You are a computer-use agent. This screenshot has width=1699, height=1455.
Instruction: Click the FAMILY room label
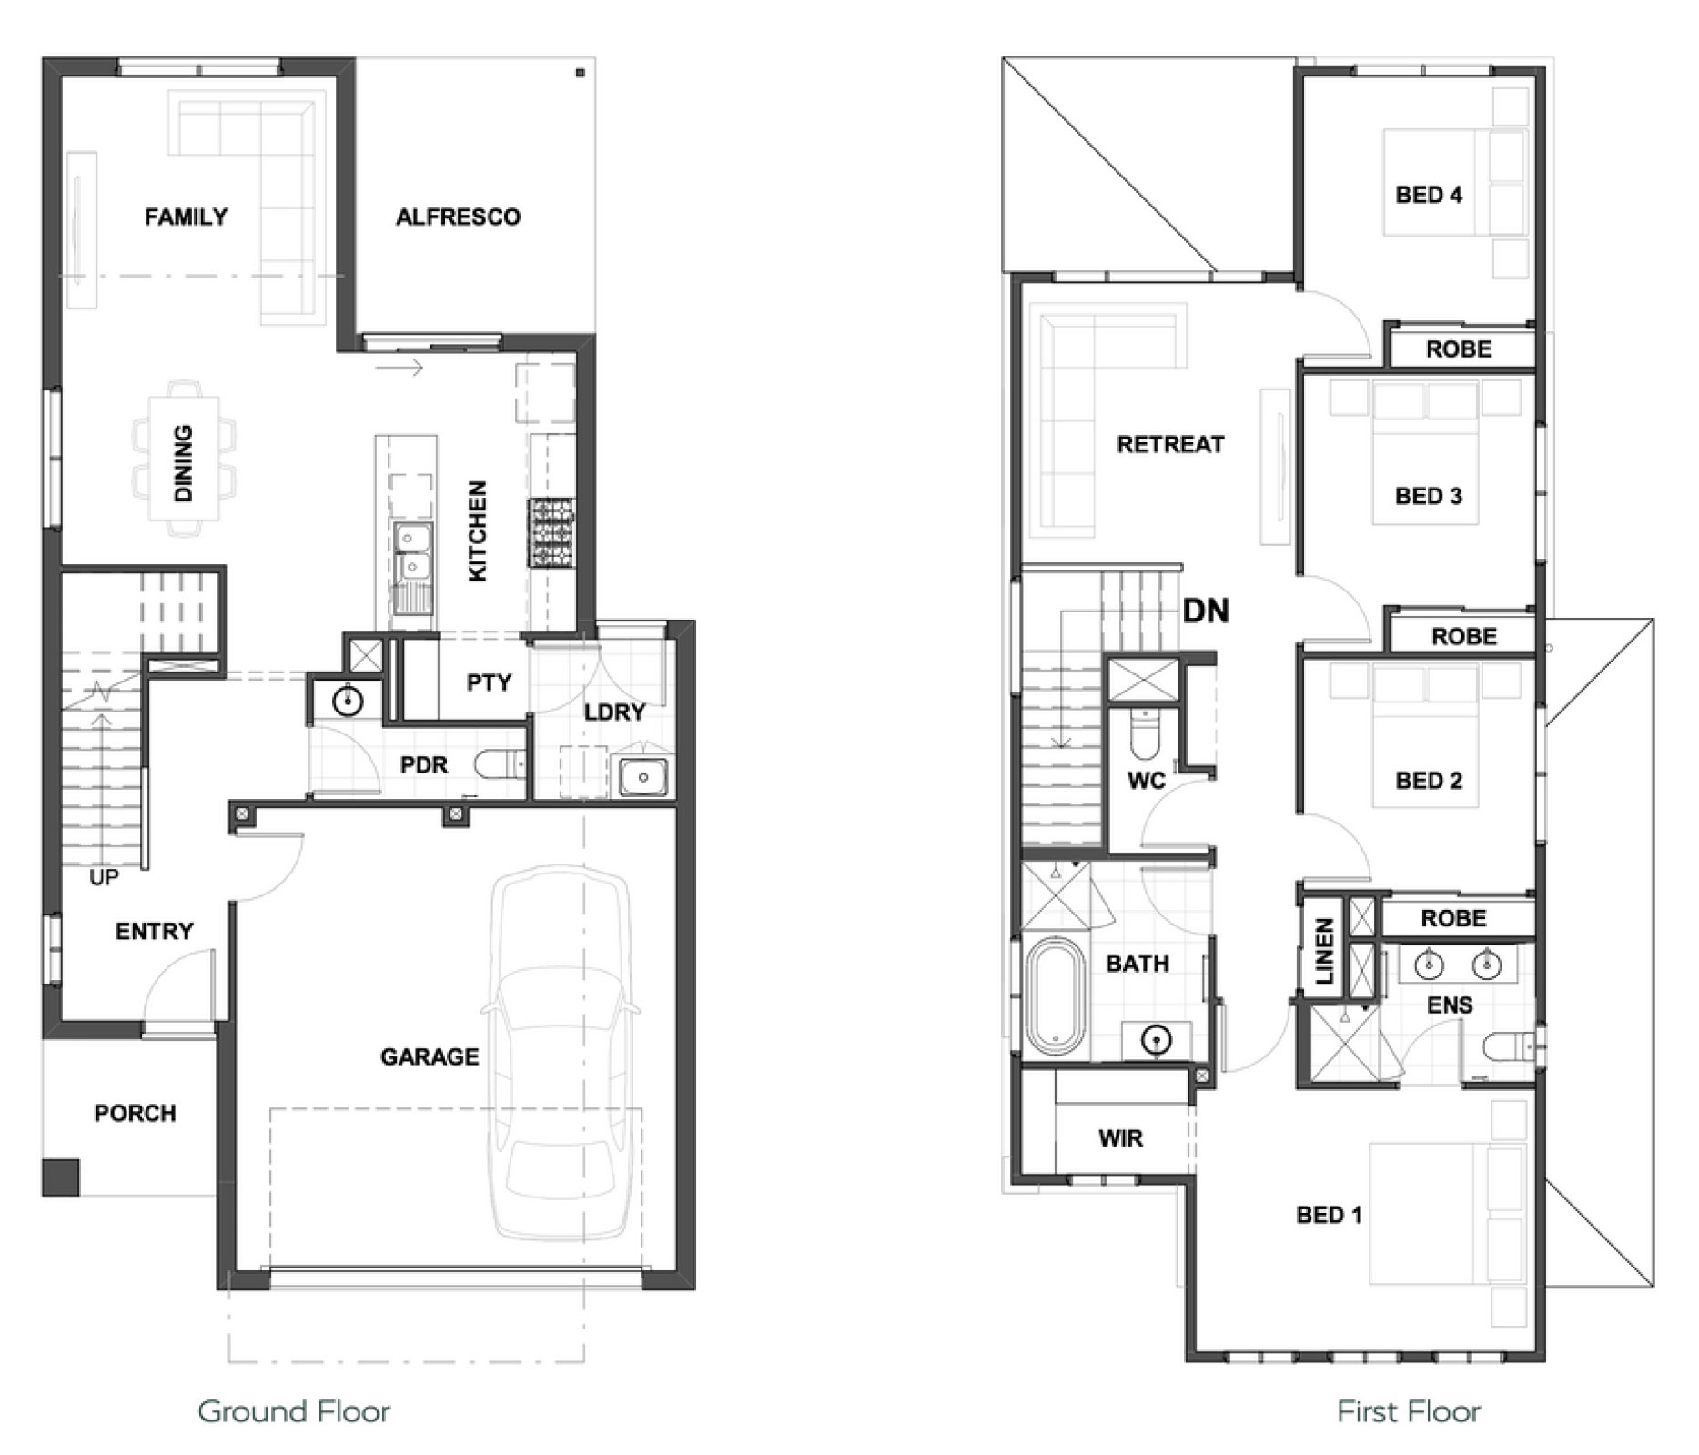(x=186, y=217)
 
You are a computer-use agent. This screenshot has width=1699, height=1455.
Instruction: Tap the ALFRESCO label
(x=458, y=217)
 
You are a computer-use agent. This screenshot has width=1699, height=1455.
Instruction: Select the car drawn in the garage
(x=560, y=1052)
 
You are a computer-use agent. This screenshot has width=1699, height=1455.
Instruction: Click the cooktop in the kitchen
(x=551, y=533)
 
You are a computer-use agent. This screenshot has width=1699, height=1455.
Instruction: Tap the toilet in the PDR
(x=499, y=764)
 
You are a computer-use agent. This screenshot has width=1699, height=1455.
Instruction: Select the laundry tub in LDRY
(x=643, y=777)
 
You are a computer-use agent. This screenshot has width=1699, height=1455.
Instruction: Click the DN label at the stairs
(x=1205, y=611)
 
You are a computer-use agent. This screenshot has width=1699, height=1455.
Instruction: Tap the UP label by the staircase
(x=104, y=877)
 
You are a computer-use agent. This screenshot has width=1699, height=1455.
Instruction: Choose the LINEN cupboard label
(x=1324, y=951)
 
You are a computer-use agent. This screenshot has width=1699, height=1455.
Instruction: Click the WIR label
(x=1120, y=1137)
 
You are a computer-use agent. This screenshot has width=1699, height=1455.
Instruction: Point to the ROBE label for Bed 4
(x=1459, y=349)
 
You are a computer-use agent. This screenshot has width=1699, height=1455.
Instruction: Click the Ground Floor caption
(x=294, y=1411)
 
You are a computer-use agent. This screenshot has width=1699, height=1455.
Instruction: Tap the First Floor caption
(x=1409, y=1411)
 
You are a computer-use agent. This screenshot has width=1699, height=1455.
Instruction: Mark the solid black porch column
(x=60, y=1177)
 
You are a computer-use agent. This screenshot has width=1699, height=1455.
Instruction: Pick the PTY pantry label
(x=489, y=682)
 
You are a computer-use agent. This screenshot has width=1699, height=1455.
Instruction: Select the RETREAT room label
(x=1170, y=444)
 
